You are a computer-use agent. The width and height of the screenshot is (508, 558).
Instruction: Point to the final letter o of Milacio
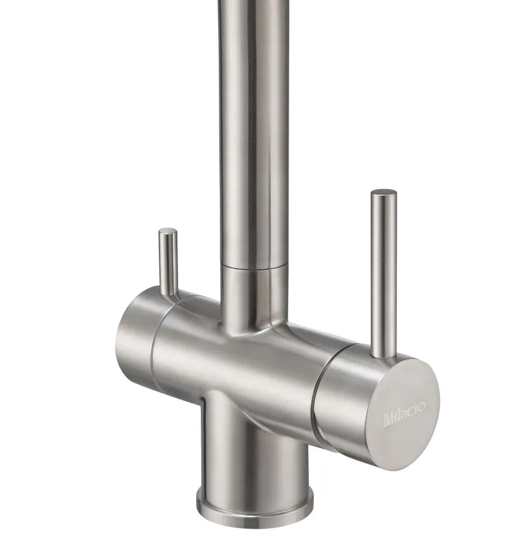tap(421, 406)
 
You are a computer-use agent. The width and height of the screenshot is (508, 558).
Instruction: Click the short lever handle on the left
tap(168, 262)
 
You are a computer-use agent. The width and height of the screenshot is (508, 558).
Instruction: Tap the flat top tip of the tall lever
tap(384, 193)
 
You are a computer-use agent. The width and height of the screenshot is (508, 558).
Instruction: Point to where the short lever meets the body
tap(169, 292)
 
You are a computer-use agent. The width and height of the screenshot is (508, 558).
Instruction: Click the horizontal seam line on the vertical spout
tap(255, 266)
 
